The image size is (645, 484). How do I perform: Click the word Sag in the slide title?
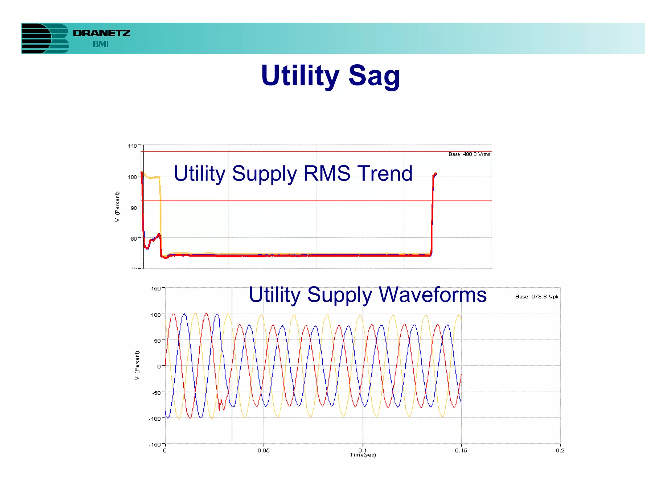[x=374, y=76]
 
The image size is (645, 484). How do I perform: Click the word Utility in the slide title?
[x=300, y=76]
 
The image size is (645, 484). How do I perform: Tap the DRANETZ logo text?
[x=101, y=33]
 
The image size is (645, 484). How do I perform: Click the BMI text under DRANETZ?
[x=100, y=44]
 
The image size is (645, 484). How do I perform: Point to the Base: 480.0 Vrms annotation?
[x=469, y=154]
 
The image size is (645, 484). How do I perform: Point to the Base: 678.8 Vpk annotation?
[x=537, y=297]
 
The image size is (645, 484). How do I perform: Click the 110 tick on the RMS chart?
[x=132, y=146]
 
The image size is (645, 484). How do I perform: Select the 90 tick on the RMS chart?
[x=134, y=208]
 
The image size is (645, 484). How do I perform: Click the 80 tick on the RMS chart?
[x=134, y=239]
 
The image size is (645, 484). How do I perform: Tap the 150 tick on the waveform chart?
[x=156, y=289]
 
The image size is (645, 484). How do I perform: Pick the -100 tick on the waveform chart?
[x=155, y=419]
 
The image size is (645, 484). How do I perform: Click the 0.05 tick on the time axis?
[x=264, y=450]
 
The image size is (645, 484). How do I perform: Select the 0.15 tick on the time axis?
[x=461, y=450]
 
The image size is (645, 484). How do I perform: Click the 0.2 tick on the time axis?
[x=560, y=450]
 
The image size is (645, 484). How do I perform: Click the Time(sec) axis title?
[x=363, y=455]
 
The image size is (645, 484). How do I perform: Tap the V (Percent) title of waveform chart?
[x=137, y=366]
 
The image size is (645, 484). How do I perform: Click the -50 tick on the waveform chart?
[x=156, y=393]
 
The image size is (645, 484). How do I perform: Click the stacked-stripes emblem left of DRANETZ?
[x=45, y=38]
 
